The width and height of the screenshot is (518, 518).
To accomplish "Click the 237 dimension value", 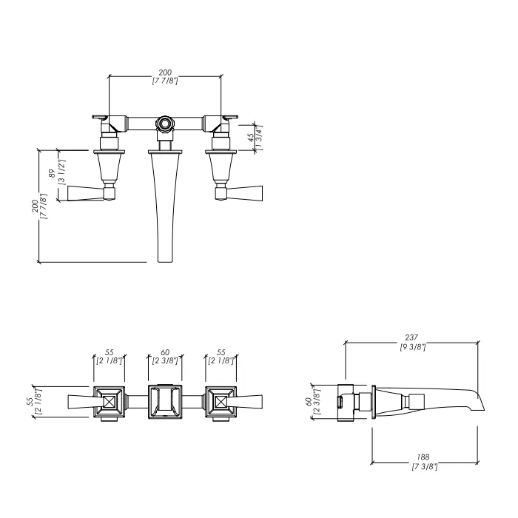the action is pos(411,337).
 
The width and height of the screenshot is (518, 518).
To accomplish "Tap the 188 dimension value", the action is pos(423,457).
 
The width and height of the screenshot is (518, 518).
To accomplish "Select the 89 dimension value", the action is pos(52,173).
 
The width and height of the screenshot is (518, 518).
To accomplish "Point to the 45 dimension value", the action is pos(251,137).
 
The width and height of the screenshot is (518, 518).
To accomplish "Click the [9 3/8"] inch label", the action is pos(413,347).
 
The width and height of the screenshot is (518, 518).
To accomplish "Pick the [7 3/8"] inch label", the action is pos(425,466).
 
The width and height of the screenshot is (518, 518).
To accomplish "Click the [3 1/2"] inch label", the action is pos(61,172).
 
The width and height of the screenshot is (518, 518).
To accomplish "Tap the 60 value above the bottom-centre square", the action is pos(165,352).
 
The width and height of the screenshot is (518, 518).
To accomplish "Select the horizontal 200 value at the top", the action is pos(165,73).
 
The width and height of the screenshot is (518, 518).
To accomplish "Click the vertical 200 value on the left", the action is pos(35,206).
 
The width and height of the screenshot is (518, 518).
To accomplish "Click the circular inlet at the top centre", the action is pos(164,124).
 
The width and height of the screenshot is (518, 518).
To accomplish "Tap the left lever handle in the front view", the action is pos(88,193).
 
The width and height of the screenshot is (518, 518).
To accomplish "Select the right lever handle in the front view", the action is pos(243,193).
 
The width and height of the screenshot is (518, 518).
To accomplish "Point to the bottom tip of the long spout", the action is pos(165,262).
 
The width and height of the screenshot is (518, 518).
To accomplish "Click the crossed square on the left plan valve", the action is pos(110,402).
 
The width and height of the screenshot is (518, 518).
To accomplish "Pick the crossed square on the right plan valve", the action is pos(221,402).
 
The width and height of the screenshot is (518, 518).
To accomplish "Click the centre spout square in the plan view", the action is pos(165,402).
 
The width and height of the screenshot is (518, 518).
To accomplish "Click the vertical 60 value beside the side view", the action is pos(308,401).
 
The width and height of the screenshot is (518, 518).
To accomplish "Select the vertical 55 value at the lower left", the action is pos(30,401).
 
